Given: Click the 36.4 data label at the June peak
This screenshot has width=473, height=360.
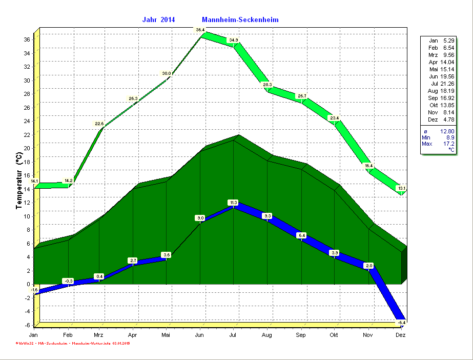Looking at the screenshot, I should (x=200, y=30).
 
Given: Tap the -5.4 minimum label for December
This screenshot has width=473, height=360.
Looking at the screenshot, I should (x=402, y=322).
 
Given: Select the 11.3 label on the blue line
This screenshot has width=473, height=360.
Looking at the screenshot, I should (x=233, y=203).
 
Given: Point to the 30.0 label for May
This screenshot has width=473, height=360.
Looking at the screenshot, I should (x=167, y=74).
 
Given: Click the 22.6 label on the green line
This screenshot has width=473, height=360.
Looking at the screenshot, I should (x=99, y=124).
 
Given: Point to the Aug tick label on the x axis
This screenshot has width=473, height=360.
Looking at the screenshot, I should (x=266, y=335).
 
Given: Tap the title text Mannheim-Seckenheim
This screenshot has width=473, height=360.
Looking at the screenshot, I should (x=240, y=19).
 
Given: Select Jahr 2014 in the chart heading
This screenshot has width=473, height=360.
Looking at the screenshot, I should (x=158, y=19).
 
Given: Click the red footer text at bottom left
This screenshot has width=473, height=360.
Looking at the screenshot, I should (x=71, y=343).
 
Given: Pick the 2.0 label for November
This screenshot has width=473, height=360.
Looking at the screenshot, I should (x=368, y=266).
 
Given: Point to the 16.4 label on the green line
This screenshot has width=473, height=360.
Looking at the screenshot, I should (x=368, y=166).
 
